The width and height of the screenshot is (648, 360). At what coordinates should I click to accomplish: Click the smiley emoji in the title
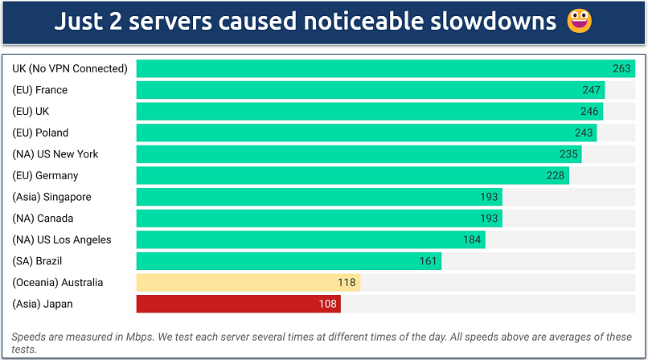(580, 22)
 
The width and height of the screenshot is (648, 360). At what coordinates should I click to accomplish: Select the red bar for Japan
(239, 304)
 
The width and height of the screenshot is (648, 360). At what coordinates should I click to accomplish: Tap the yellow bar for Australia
(248, 282)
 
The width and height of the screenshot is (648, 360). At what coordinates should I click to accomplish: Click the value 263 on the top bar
(621, 68)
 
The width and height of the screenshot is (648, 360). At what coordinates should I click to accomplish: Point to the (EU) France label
(40, 90)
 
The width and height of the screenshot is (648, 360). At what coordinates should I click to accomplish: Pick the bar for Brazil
(289, 261)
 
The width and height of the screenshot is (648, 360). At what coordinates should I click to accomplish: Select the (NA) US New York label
(55, 154)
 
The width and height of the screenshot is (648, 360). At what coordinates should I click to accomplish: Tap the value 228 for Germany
(556, 175)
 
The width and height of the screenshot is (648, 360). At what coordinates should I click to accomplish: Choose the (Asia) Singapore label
(52, 197)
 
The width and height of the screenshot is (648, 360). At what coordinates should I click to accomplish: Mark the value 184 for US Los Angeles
(472, 239)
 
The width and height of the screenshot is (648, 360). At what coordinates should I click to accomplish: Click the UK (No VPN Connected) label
(70, 68)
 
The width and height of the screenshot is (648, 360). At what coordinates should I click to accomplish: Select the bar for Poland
(366, 133)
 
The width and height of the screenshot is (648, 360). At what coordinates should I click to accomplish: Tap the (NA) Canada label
(43, 219)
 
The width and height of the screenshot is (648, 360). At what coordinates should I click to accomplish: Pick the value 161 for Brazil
(429, 261)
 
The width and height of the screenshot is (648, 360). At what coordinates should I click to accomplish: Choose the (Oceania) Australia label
(58, 282)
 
